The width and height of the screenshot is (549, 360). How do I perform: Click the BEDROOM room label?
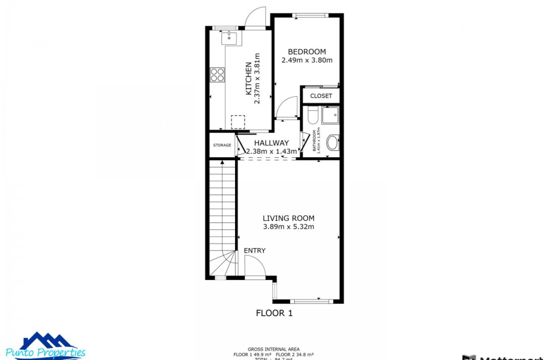click(x=307, y=52)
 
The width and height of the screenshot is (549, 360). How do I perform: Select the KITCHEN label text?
click(x=248, y=78)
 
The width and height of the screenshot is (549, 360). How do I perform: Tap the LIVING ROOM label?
click(x=288, y=218)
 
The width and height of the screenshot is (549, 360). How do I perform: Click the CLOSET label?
click(x=321, y=96)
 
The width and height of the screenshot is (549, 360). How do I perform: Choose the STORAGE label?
click(x=222, y=145)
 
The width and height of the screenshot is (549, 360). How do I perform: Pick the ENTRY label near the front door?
click(x=255, y=250)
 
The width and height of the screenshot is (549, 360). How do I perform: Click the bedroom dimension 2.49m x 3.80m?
click(x=307, y=60)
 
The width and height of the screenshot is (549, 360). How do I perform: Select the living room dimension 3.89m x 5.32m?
click(x=288, y=227)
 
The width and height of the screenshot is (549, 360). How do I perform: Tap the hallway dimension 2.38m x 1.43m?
click(x=272, y=151)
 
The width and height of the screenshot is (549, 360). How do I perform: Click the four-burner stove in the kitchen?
click(x=218, y=75)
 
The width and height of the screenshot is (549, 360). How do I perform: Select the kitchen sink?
click(x=229, y=38)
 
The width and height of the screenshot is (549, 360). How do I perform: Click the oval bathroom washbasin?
click(x=332, y=142)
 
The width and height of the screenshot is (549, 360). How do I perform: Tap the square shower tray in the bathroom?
click(x=330, y=115)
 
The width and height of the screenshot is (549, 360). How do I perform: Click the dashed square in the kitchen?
click(x=238, y=122)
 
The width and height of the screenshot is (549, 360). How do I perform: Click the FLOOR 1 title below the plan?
click(x=274, y=313)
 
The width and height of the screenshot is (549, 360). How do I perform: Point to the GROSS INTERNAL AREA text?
click(x=273, y=350)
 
